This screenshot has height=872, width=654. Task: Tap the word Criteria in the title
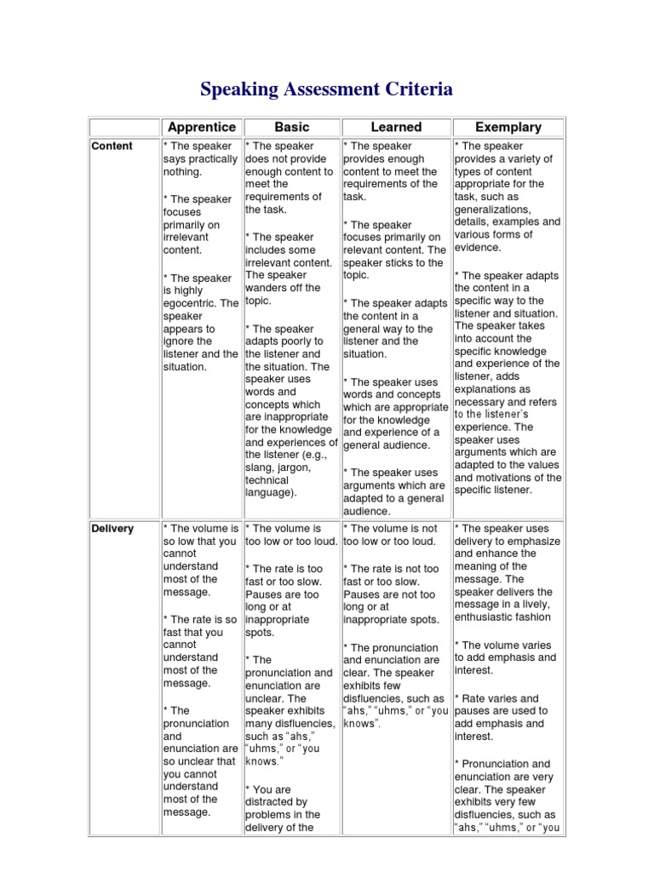pyautogui.click(x=419, y=89)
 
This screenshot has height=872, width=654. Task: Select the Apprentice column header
pyautogui.click(x=202, y=127)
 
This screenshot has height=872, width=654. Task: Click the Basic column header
pyautogui.click(x=292, y=127)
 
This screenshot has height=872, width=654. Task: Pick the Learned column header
pyautogui.click(x=396, y=127)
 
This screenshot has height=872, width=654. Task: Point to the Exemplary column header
pyautogui.click(x=508, y=127)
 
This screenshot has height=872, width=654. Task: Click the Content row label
pyautogui.click(x=112, y=146)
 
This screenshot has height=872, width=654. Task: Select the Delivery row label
pyautogui.click(x=112, y=529)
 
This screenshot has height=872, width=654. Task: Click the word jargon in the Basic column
pyautogui.click(x=295, y=468)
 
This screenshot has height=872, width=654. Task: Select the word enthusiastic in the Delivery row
pyautogui.click(x=489, y=617)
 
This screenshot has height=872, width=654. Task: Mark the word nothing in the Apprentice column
pyautogui.click(x=181, y=172)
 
